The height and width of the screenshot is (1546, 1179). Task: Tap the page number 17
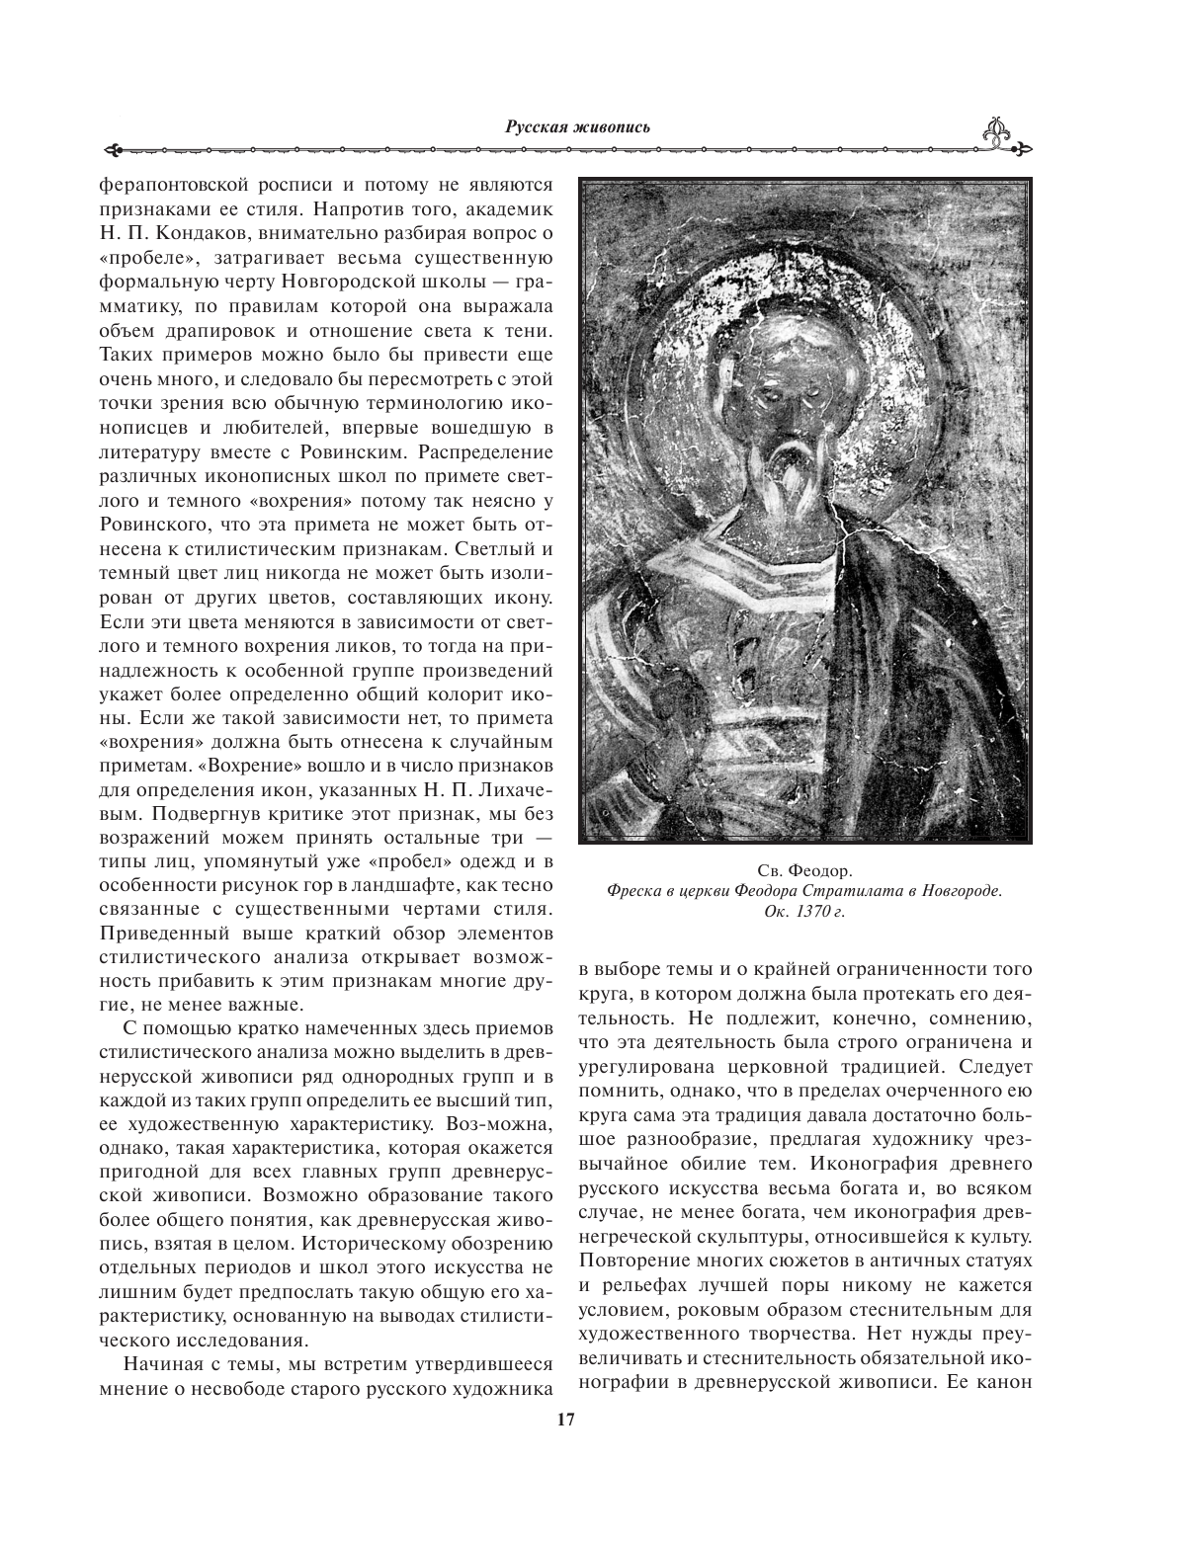click(x=565, y=1420)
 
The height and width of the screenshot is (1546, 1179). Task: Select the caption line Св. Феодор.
click(x=803, y=870)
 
